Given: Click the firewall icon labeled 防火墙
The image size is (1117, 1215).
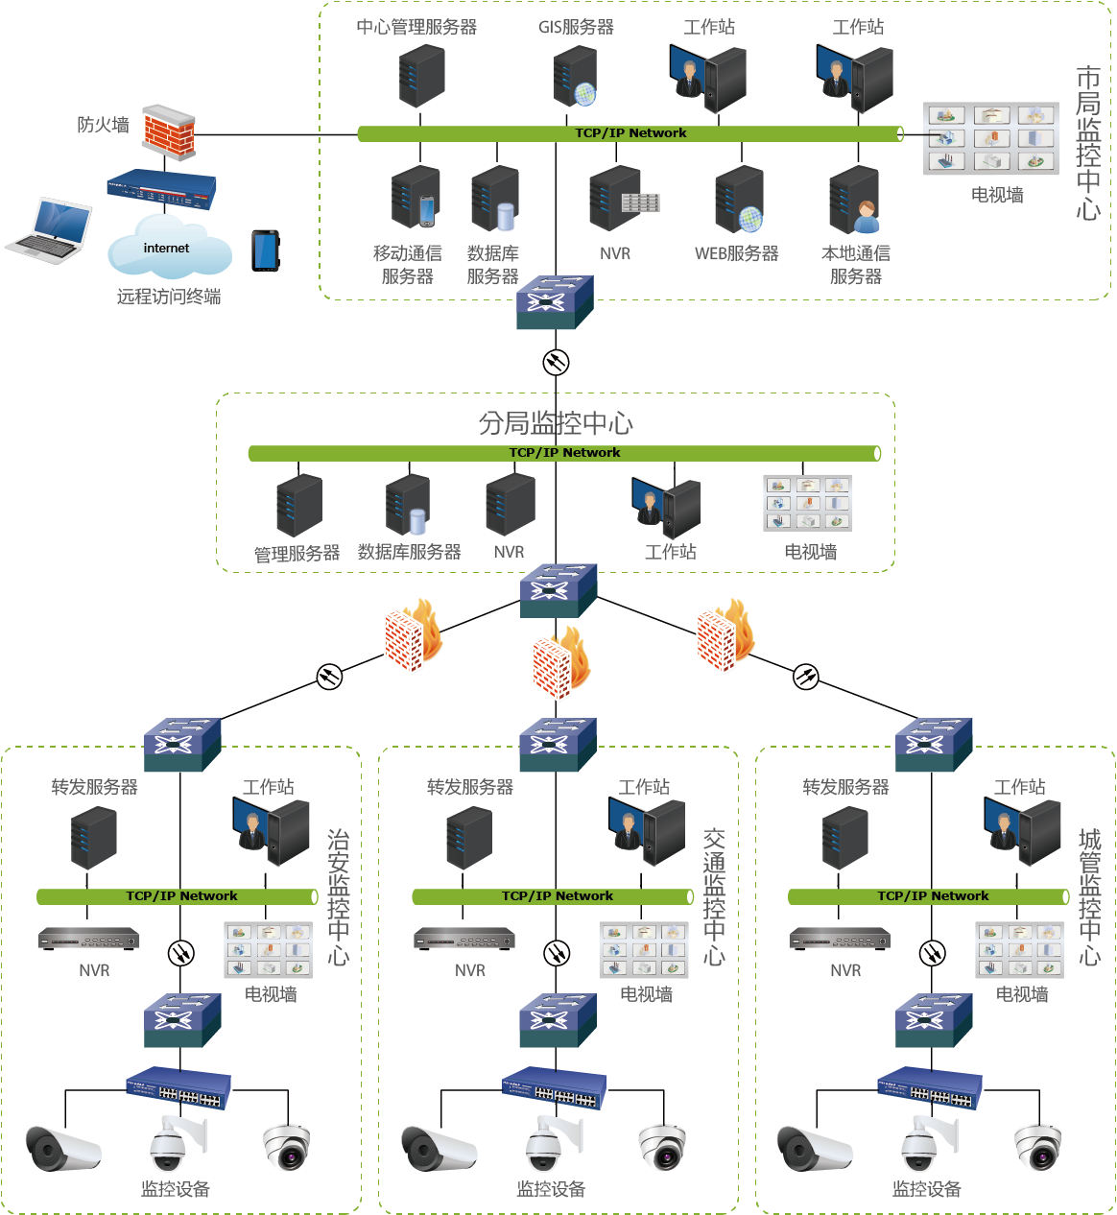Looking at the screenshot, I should pos(169,131).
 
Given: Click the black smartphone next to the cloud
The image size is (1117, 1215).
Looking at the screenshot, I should pos(265,250).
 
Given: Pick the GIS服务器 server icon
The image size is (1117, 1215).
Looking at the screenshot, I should pos(576,77).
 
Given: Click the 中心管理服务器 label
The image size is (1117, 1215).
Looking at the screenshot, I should pos(416,27).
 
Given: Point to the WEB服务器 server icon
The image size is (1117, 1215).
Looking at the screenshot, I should pos(739,200).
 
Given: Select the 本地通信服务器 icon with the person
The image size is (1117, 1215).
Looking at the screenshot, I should pos(855,201).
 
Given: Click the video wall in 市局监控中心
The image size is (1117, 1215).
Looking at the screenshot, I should pos(991,139).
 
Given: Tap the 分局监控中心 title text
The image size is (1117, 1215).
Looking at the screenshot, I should pos(556,423).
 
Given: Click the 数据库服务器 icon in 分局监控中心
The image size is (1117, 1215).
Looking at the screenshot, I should pos(409,505).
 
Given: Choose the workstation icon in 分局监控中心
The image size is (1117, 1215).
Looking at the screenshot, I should pos(668,507).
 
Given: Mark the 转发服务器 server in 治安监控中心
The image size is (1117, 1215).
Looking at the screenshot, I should pos(94,837).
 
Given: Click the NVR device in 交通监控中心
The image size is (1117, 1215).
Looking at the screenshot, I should pos(464,939).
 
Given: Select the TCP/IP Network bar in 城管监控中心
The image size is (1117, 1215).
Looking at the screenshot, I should pos(929,896).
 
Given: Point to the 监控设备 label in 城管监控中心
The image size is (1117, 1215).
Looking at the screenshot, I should pos(926,1189).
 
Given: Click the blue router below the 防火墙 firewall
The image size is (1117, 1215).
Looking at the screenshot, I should pos(162,186).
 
